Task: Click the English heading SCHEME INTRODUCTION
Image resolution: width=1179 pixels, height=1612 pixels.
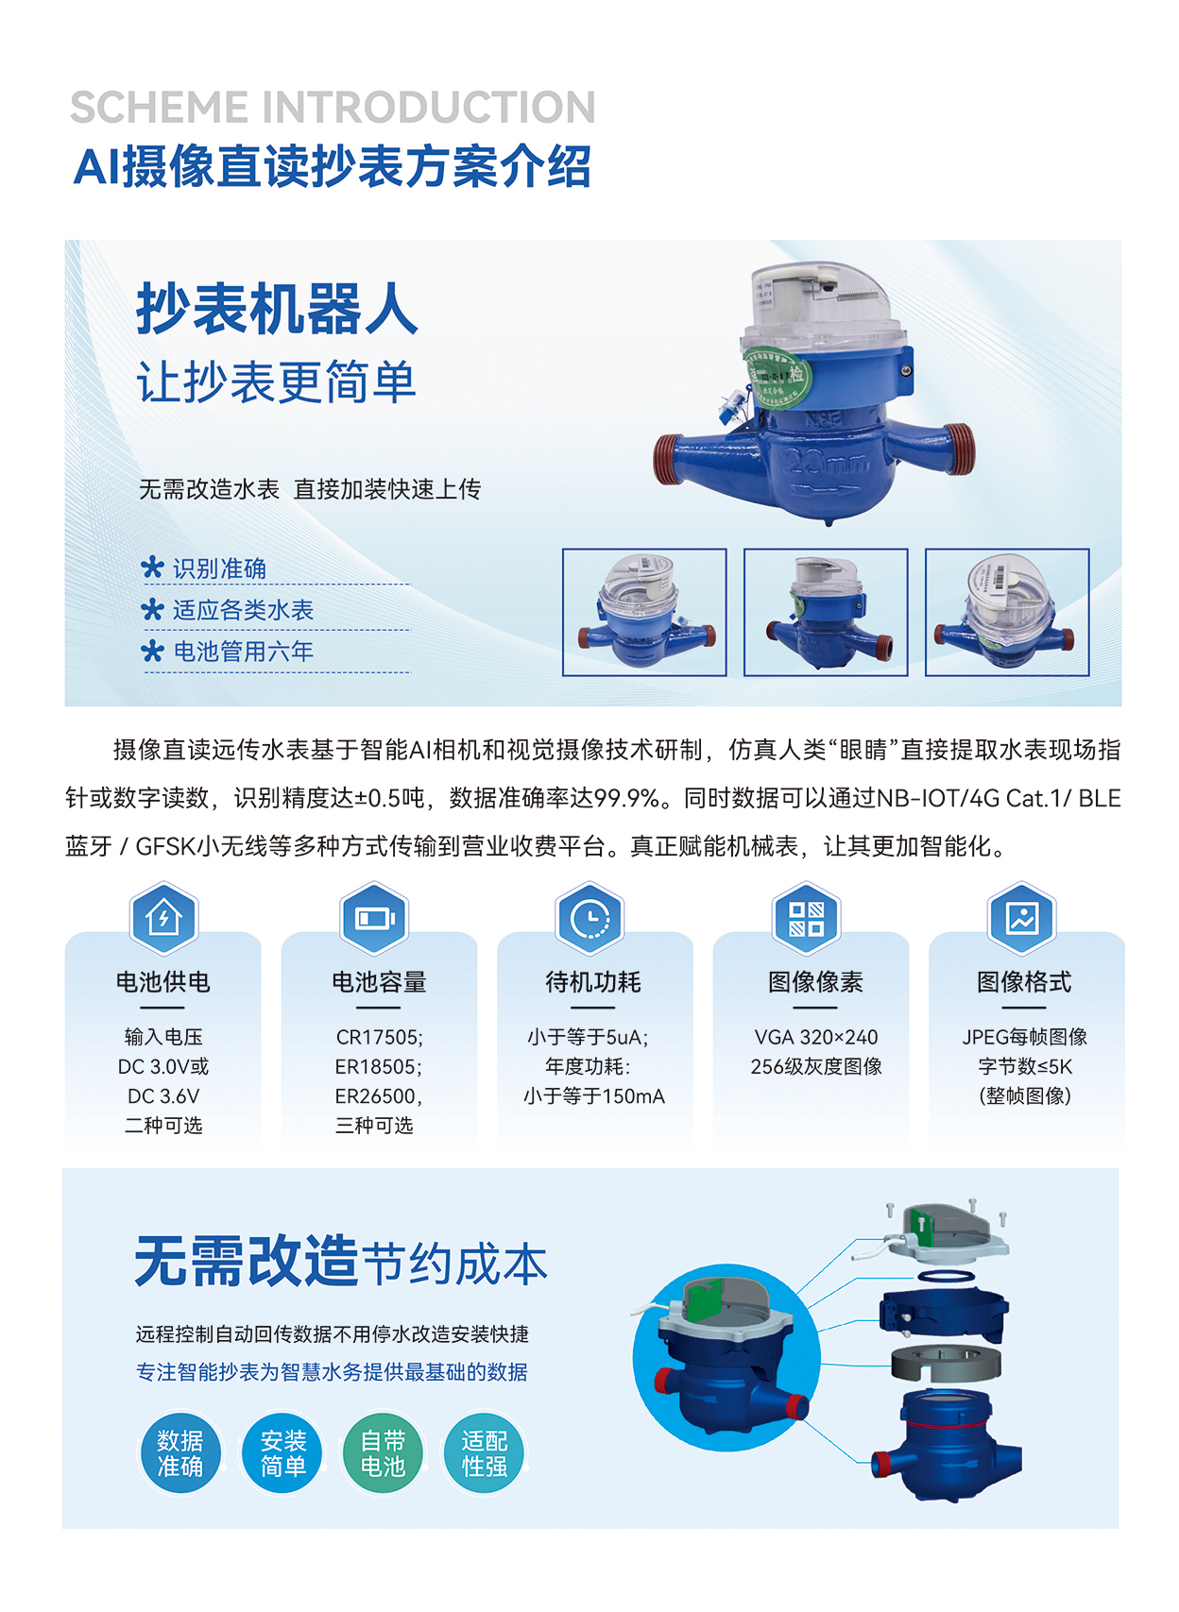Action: [333, 108]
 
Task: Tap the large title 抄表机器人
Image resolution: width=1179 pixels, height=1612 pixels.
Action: [277, 309]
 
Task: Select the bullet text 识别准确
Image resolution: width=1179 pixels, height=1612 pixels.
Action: [219, 568]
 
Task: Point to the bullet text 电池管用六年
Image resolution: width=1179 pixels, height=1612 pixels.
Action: [244, 652]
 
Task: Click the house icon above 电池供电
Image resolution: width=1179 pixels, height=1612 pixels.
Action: [164, 918]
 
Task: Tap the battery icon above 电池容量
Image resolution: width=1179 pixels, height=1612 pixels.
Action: [374, 918]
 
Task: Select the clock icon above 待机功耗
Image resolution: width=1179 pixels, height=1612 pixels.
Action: [590, 918]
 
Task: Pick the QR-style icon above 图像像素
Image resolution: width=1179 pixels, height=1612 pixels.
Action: [806, 918]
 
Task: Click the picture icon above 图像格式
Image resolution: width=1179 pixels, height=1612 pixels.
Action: [1022, 918]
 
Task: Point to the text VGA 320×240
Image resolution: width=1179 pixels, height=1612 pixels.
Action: [816, 1037]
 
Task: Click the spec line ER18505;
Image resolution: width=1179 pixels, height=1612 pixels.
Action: [379, 1066]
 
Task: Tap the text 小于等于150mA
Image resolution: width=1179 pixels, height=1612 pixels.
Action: [594, 1096]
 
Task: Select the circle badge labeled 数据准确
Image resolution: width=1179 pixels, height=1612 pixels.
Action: [179, 1453]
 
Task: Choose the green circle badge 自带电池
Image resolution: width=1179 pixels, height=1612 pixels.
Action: [383, 1453]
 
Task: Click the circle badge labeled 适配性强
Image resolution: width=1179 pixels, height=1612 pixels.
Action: [485, 1453]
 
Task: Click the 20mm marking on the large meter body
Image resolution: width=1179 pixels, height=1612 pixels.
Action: [826, 461]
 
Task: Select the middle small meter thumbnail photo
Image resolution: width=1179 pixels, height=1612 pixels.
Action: [826, 613]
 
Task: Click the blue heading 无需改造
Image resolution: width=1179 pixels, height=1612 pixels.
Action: [247, 1261]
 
